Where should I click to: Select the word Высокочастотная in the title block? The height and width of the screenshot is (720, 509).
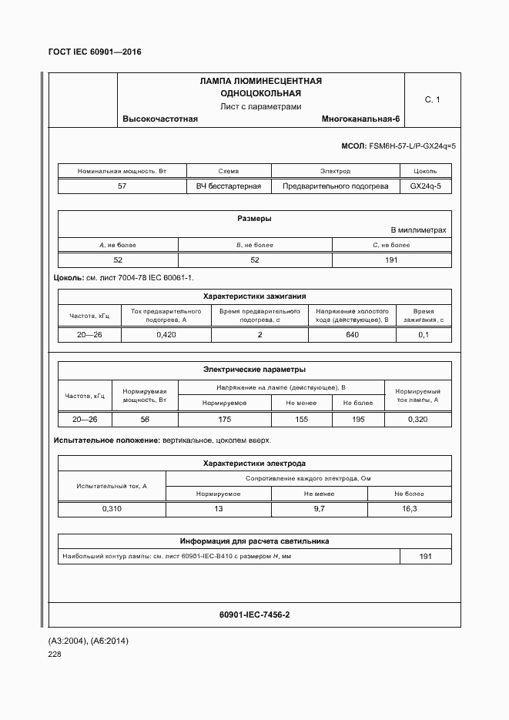point(160,119)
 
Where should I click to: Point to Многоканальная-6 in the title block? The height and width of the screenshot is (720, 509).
point(361,119)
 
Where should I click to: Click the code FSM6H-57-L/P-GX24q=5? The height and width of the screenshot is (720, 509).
point(413,146)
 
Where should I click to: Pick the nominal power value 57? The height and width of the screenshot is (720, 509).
point(122,186)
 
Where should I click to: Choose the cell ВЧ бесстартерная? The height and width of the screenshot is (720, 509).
point(229,186)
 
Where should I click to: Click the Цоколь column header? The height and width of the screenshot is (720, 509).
point(425,171)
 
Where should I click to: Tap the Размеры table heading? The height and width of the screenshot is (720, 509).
point(254,219)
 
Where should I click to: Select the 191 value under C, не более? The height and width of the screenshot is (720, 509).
point(390,260)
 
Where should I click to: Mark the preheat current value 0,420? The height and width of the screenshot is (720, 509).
point(166,335)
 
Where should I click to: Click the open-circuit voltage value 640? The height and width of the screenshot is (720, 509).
point(353,335)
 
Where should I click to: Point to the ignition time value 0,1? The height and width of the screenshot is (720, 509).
point(424,335)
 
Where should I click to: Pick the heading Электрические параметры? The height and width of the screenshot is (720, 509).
point(254,370)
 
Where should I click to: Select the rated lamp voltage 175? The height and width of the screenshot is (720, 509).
point(224,420)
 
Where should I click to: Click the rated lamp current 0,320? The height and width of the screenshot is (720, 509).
point(417,420)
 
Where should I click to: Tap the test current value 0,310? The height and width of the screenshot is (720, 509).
point(112,509)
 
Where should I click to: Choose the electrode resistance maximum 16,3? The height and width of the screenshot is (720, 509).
point(410,509)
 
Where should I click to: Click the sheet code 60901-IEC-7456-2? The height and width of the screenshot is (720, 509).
point(254,615)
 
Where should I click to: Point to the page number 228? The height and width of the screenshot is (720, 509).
point(55,655)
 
